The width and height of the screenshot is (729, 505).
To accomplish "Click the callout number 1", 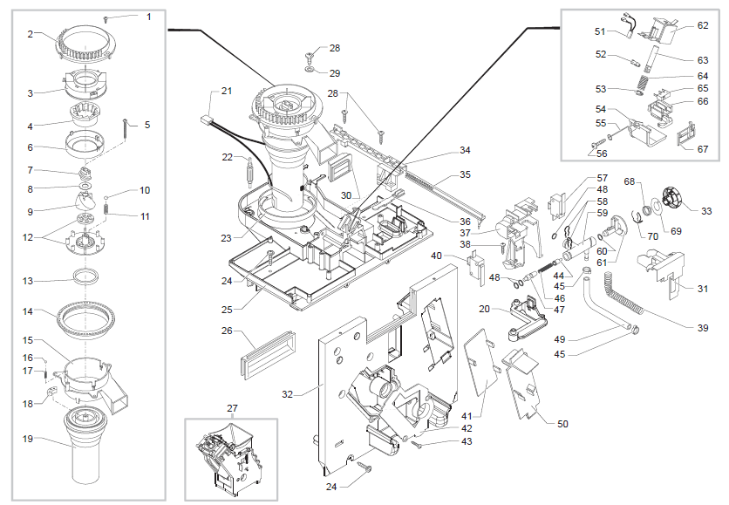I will click(147, 17).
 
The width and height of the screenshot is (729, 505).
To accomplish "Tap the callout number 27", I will click(231, 409).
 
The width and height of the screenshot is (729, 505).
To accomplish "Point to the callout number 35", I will click(465, 174).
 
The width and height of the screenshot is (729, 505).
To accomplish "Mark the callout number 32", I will click(288, 394).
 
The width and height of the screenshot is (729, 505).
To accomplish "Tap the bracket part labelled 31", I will click(664, 268).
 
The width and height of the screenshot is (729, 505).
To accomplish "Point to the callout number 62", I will click(703, 25).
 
